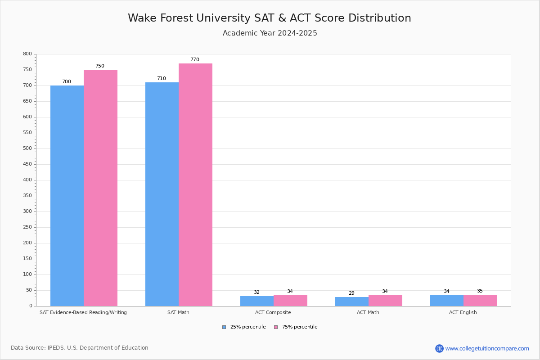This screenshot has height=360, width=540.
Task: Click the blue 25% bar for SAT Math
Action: (x=162, y=193)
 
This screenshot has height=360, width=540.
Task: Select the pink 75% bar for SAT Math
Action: (x=195, y=184)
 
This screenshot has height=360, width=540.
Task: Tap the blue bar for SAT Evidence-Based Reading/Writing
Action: (x=67, y=196)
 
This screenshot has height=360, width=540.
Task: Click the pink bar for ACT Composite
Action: (x=290, y=301)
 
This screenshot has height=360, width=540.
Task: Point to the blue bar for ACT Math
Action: (x=352, y=301)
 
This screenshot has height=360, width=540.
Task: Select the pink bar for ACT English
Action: (x=480, y=301)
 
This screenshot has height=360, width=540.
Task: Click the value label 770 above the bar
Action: (x=194, y=60)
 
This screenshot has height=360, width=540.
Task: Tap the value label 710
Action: (x=161, y=79)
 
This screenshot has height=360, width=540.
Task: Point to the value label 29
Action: (x=351, y=293)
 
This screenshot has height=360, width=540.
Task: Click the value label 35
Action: (x=480, y=291)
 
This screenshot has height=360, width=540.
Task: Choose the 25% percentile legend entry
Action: (x=244, y=327)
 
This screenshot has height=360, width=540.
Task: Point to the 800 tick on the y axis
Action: (x=27, y=54)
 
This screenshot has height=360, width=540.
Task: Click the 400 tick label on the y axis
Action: (x=27, y=180)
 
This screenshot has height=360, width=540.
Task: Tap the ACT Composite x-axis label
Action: (x=273, y=312)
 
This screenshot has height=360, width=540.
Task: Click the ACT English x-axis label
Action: (x=463, y=312)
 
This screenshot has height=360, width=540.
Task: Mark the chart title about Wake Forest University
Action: (x=270, y=18)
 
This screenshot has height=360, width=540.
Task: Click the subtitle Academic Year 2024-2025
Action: (x=270, y=33)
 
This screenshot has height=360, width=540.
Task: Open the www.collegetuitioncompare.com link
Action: (x=487, y=348)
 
